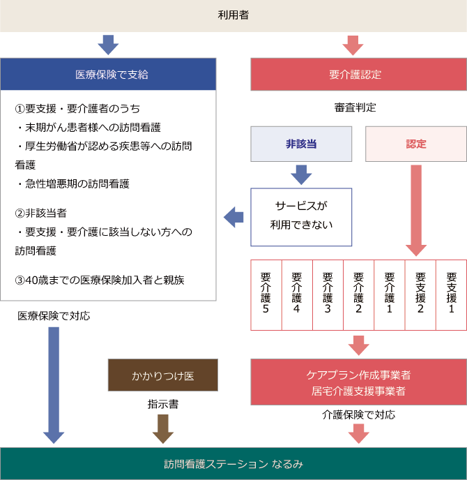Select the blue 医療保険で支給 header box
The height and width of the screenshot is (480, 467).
point(107,74)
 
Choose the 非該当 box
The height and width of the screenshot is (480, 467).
point(301,144)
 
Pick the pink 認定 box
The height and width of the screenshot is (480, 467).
point(416,144)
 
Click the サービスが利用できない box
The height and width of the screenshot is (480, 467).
point(301,216)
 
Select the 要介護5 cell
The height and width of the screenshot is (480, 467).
point(266,294)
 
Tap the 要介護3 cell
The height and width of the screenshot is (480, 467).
point(328,294)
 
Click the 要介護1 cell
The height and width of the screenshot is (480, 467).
point(389,294)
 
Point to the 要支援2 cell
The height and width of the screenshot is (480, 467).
point(420,294)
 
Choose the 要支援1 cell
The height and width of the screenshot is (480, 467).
point(451,294)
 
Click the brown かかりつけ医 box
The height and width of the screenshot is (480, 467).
point(163,375)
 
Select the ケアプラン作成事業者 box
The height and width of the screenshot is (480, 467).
point(358,382)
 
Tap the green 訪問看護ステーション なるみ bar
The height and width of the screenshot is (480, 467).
point(233,463)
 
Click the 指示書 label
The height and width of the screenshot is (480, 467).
point(162,404)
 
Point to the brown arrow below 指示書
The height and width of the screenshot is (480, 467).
point(162,428)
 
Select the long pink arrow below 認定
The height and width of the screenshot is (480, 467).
point(416,209)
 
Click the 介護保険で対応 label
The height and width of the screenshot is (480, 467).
point(358,414)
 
